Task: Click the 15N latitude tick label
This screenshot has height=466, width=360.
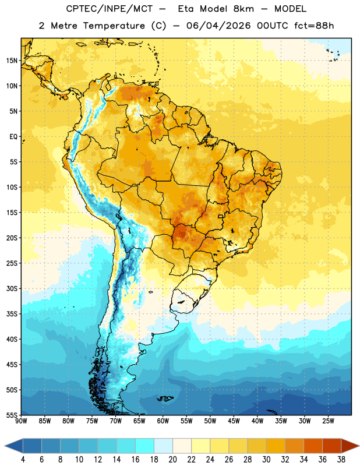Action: coord(12,61)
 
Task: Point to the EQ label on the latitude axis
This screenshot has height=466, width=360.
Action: coord(13,137)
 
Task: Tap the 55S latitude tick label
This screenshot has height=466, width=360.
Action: coord(12,415)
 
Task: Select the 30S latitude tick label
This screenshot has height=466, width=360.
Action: coord(12,288)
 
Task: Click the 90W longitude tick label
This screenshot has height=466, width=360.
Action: coord(21,421)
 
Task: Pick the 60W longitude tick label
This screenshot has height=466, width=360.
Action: coord(163,421)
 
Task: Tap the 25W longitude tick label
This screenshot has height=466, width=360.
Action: coord(328,421)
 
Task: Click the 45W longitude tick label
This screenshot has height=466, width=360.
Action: coord(234,421)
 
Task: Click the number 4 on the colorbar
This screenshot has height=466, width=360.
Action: coord(23,460)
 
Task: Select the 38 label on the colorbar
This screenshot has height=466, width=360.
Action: coord(341,460)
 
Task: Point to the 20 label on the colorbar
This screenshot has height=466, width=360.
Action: coord(172,460)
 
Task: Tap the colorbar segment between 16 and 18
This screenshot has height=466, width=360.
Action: coord(145,446)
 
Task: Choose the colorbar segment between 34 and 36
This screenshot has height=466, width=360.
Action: coord(313,446)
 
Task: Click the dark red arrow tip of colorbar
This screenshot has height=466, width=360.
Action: coord(358,446)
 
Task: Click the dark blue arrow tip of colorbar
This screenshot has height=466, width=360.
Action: coord(5,446)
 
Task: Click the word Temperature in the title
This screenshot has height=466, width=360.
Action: coord(114,26)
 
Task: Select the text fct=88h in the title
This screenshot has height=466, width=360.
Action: coord(314,26)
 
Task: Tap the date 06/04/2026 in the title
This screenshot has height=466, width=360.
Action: coord(218,26)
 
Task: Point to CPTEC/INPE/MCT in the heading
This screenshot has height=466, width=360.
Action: coord(110,9)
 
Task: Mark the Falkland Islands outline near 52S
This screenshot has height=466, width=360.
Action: coord(165,398)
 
